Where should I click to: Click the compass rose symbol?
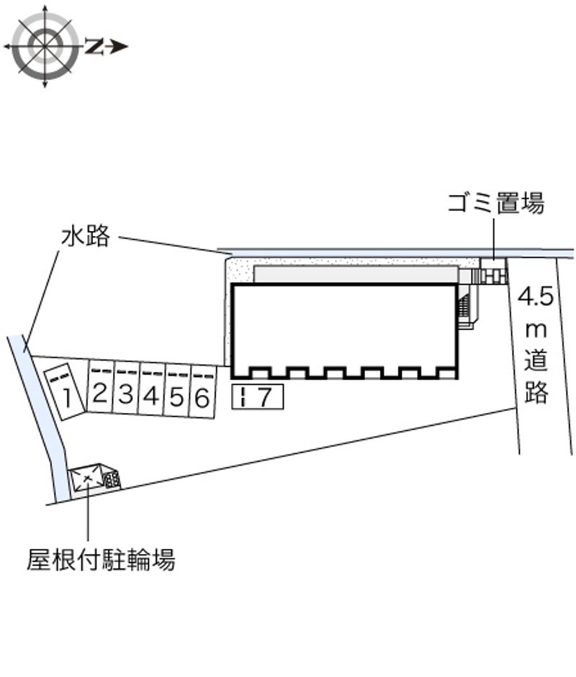tap(45, 47)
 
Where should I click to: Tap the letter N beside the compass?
tap(94, 47)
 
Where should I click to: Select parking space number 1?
tap(63, 393)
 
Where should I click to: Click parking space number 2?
tap(100, 393)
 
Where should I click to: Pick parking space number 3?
tap(126, 394)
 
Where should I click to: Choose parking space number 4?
tap(151, 395)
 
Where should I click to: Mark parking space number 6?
tap(202, 397)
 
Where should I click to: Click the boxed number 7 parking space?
tap(258, 396)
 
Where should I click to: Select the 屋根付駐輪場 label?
tap(101, 559)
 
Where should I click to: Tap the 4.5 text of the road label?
tap(536, 296)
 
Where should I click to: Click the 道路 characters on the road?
tap(537, 375)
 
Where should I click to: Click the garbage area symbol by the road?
tap(493, 274)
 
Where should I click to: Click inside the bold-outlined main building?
tap(343, 325)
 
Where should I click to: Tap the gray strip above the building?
tap(356, 275)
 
